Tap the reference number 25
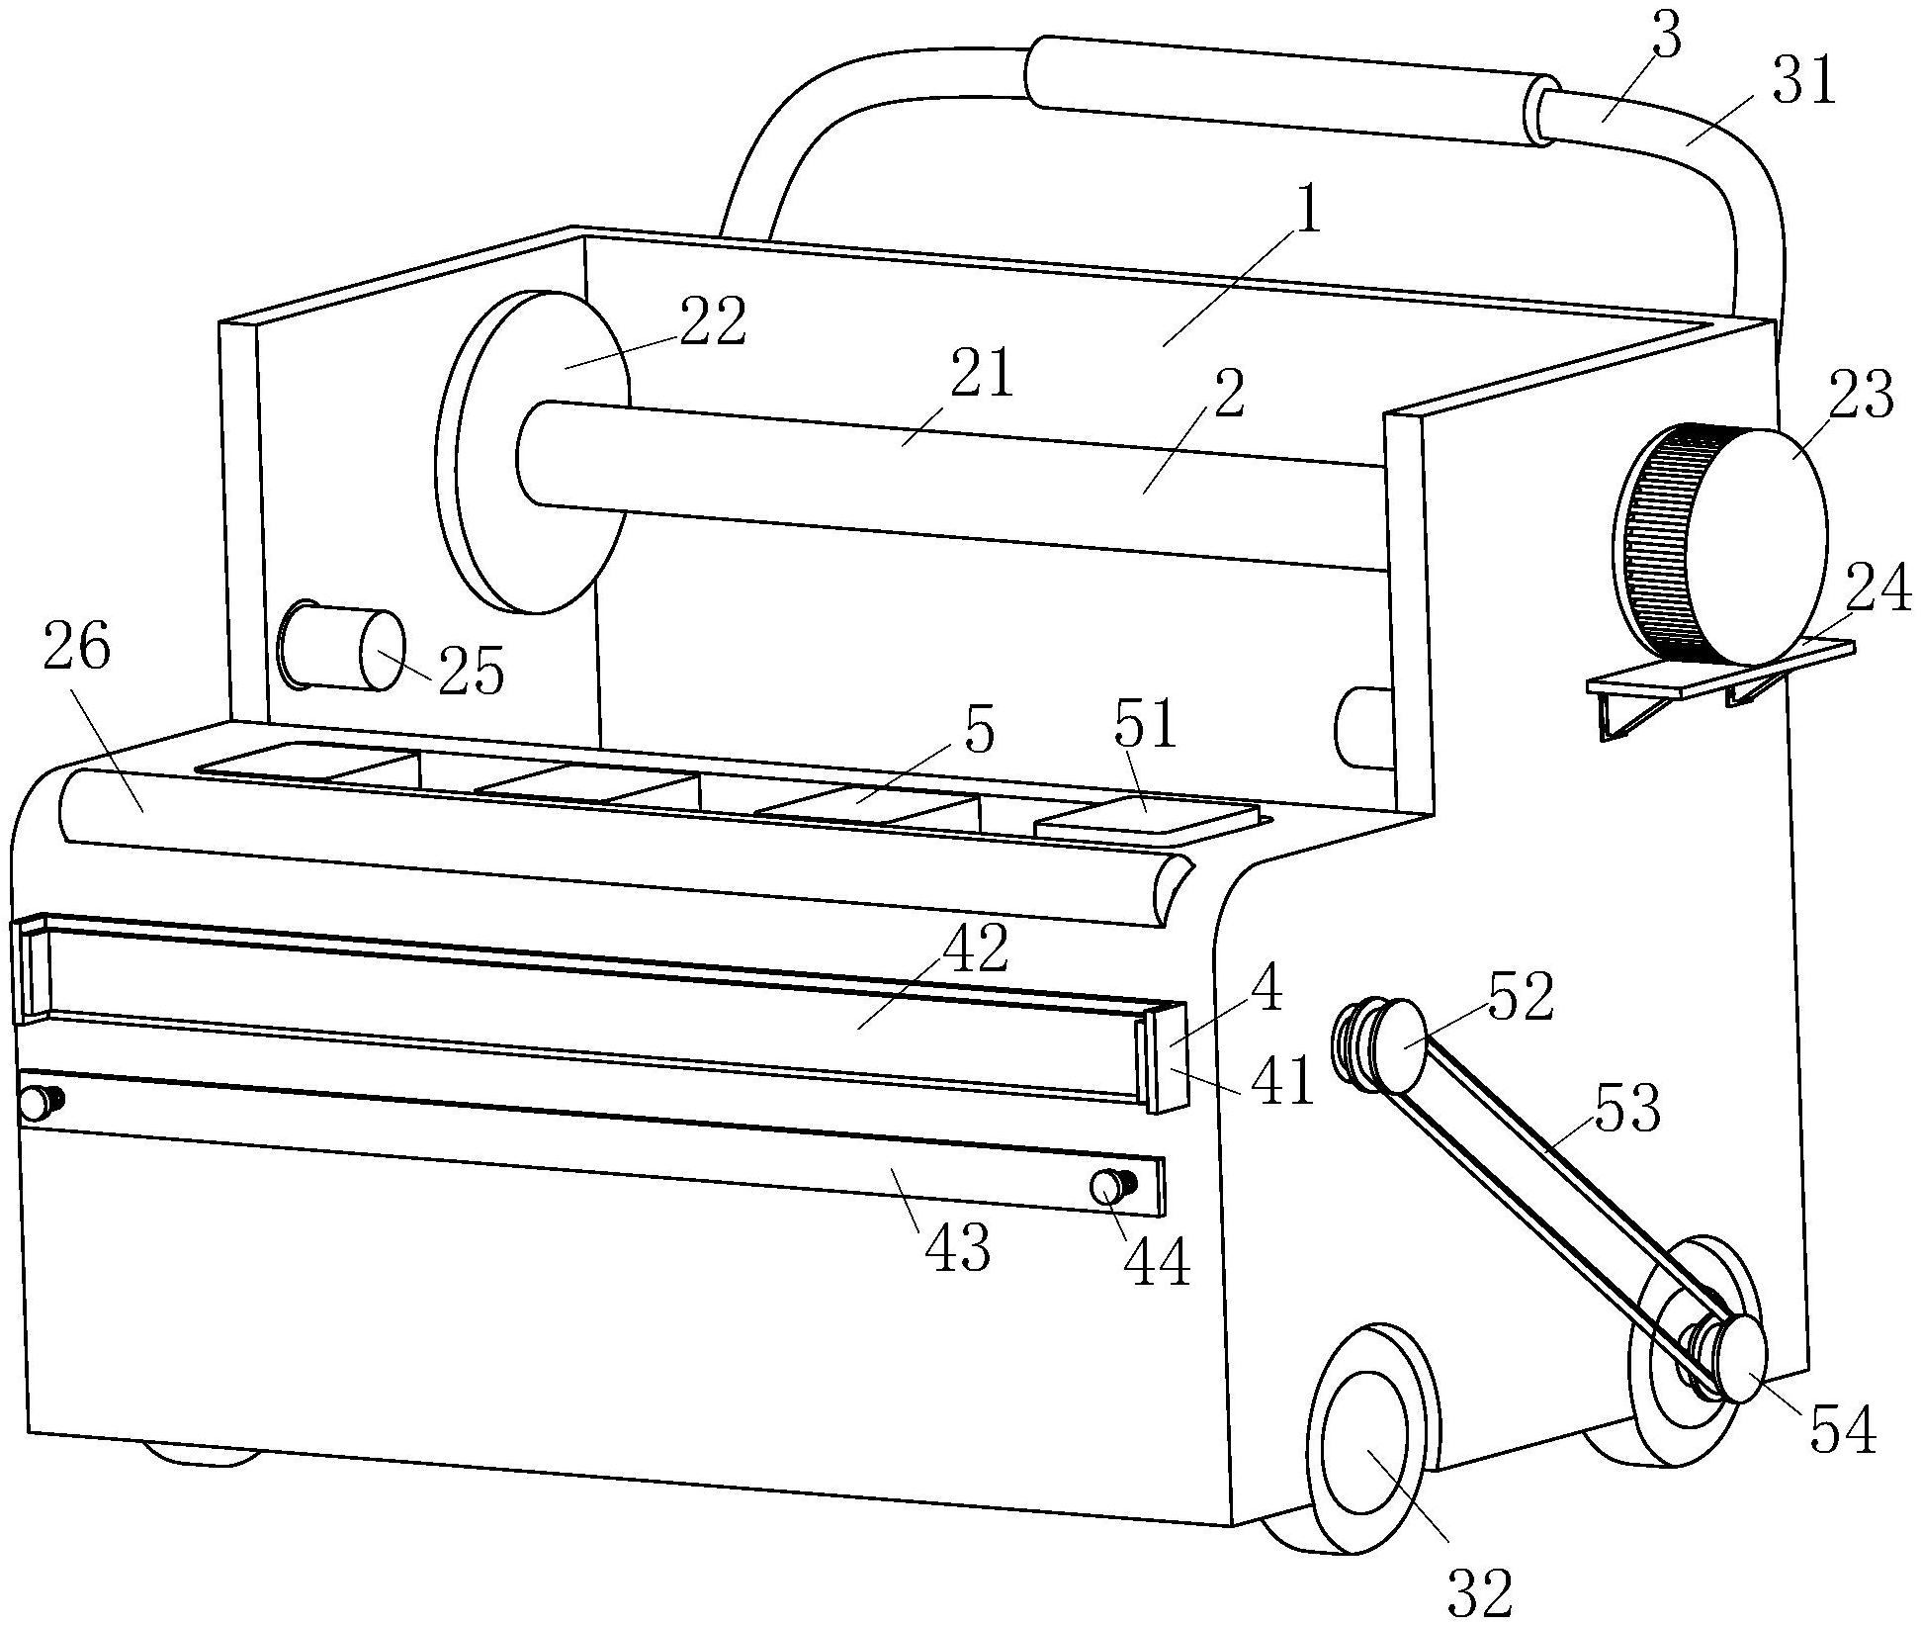click(x=472, y=672)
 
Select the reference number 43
click(x=957, y=1248)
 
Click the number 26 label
click(x=78, y=650)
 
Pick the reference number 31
click(x=1803, y=81)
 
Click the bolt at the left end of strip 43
click(x=41, y=1102)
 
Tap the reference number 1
click(x=1307, y=210)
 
